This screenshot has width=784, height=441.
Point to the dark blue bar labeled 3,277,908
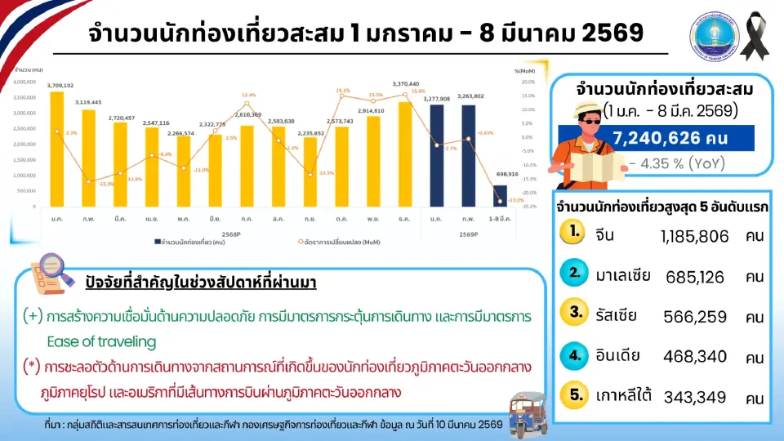click(437, 155)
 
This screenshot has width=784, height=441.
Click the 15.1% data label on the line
click(343, 91)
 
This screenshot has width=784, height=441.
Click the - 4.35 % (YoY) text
click(677, 163)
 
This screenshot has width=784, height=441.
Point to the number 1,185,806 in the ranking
click(693, 236)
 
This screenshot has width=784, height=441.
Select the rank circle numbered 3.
click(576, 312)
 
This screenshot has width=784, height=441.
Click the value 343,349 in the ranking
click(694, 398)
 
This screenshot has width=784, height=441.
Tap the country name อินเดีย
click(618, 356)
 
